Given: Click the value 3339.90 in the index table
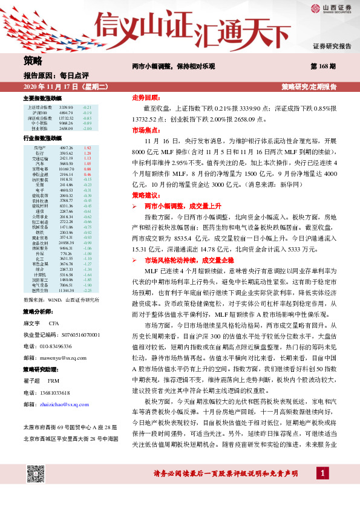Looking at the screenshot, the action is pyautogui.click(x=67, y=107).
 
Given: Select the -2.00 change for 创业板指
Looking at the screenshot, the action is pyautogui.click(x=87, y=129).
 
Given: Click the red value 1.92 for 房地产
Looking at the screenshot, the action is pyautogui.click(x=87, y=148).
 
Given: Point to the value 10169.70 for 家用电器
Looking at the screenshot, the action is pyautogui.click(x=67, y=169).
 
